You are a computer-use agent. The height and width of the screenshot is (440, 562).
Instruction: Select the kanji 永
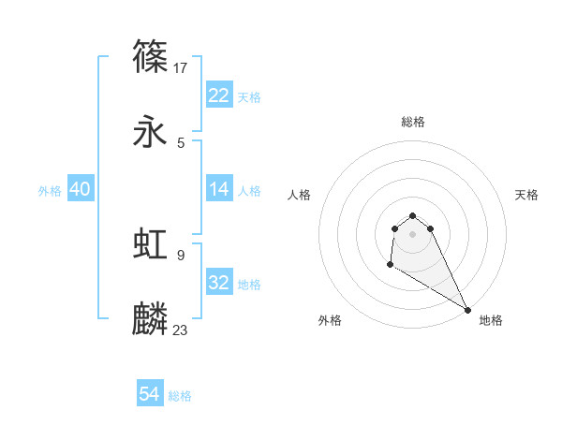pyautogui.click(x=151, y=133)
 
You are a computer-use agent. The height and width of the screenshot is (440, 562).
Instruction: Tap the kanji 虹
pyautogui.click(x=151, y=244)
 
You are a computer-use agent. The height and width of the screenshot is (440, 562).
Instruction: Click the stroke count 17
pyautogui.click(x=182, y=67)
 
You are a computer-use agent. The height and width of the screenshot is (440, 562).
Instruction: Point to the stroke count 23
pyautogui.click(x=181, y=330)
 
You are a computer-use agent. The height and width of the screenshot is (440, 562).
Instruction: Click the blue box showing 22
pyautogui.click(x=218, y=95)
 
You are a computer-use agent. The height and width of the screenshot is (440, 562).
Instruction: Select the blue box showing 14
pyautogui.click(x=218, y=189)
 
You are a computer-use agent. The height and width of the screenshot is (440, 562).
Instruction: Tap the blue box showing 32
pyautogui.click(x=218, y=283)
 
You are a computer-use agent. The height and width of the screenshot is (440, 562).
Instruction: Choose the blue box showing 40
pyautogui.click(x=80, y=189)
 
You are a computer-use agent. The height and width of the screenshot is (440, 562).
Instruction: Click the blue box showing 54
pyautogui.click(x=149, y=395)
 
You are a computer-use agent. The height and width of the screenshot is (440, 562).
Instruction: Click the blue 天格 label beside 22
pyautogui.click(x=249, y=96)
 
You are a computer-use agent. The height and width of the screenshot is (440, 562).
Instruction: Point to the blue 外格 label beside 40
pyautogui.click(x=50, y=190)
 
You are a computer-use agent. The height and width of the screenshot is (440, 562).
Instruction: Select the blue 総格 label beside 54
pyautogui.click(x=180, y=396)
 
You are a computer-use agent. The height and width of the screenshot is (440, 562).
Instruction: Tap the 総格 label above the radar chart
pyautogui.click(x=413, y=122)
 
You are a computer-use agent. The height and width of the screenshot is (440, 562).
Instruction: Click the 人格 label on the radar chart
pyautogui.click(x=299, y=195)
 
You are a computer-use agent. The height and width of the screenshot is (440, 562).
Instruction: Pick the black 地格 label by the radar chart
pyautogui.click(x=491, y=320)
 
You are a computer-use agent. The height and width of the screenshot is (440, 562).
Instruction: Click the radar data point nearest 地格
pyautogui.click(x=467, y=310)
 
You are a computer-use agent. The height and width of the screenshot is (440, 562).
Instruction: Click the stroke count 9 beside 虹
pyautogui.click(x=181, y=255)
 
